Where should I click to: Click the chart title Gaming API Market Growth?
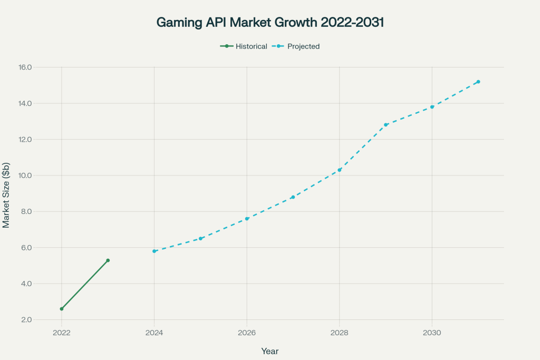click(x=270, y=23)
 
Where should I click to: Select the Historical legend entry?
click(x=244, y=46)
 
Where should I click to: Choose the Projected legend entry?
click(x=296, y=46)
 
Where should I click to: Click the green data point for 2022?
click(x=62, y=309)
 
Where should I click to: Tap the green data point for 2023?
click(x=108, y=260)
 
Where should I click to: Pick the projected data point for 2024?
click(x=154, y=251)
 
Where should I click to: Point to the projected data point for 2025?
click(x=200, y=239)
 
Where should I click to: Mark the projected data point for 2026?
click(x=247, y=219)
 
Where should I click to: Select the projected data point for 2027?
click(x=293, y=197)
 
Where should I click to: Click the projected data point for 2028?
click(x=340, y=170)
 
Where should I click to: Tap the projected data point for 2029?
click(x=386, y=125)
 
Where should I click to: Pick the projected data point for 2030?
click(x=432, y=107)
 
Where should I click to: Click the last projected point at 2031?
click(x=478, y=82)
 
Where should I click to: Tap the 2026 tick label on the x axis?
click(x=247, y=333)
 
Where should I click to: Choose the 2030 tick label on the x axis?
click(x=432, y=333)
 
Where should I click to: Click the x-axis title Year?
click(x=270, y=351)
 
